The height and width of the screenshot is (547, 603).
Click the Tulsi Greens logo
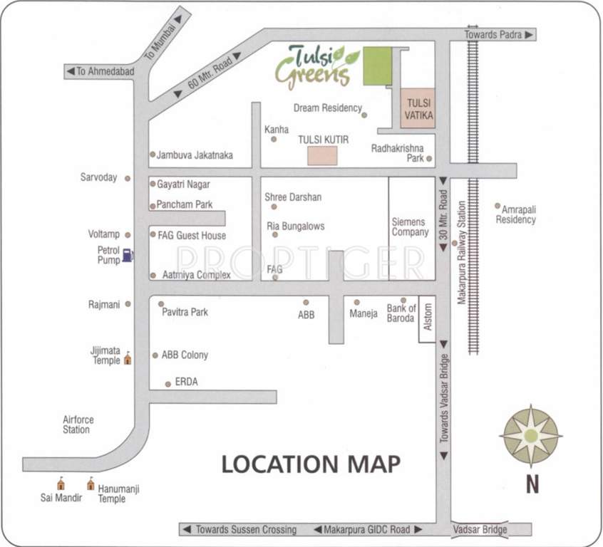[318, 66]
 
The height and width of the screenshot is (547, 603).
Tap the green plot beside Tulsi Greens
[377, 66]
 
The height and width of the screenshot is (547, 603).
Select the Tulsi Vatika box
[417, 108]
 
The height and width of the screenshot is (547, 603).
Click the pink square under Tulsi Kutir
[323, 157]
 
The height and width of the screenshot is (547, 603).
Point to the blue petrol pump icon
[127, 254]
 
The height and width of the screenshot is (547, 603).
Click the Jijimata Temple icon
[128, 358]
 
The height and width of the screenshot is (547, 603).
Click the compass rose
[531, 435]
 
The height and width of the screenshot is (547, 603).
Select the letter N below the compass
[532, 486]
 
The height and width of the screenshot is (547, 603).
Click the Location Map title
[311, 464]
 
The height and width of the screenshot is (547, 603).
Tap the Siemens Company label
[410, 227]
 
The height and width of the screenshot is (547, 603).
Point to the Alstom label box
[427, 318]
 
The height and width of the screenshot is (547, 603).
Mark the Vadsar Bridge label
[480, 529]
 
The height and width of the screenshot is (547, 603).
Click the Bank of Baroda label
[401, 313]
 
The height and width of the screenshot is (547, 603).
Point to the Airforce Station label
[76, 425]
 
